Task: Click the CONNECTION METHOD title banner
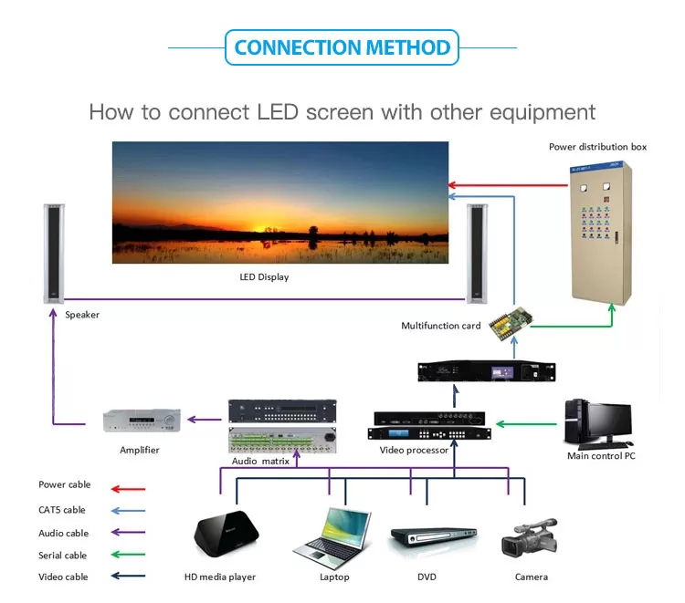point(342,47)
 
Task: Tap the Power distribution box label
point(597,146)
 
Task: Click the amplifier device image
point(139,421)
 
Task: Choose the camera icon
point(530,538)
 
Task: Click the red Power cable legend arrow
point(129,488)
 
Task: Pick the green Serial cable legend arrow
point(129,555)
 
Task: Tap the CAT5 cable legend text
point(62,510)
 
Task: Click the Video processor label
point(414,450)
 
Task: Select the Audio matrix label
point(260,462)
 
